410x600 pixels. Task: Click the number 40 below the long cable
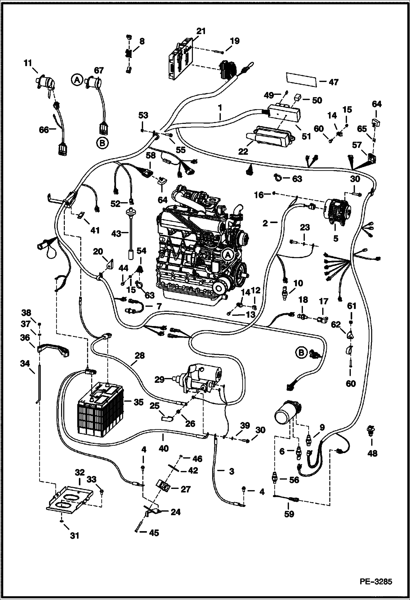[163, 448]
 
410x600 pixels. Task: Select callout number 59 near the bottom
[289, 514]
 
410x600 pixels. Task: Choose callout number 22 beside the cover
[243, 151]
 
